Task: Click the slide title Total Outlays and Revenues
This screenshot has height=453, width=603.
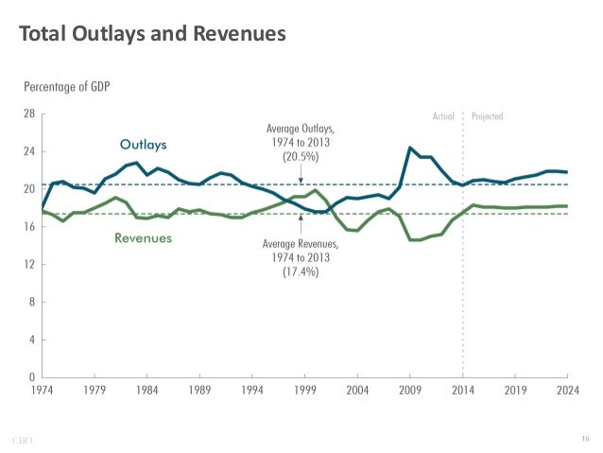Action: click(151, 36)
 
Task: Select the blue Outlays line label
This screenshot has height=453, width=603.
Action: click(144, 145)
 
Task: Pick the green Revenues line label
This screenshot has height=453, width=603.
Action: click(143, 238)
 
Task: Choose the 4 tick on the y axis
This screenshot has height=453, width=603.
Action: click(31, 340)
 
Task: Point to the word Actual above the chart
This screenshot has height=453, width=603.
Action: click(443, 116)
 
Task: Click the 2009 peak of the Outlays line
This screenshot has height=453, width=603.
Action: click(409, 148)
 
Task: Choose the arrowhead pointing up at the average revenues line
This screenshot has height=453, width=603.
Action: click(301, 218)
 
